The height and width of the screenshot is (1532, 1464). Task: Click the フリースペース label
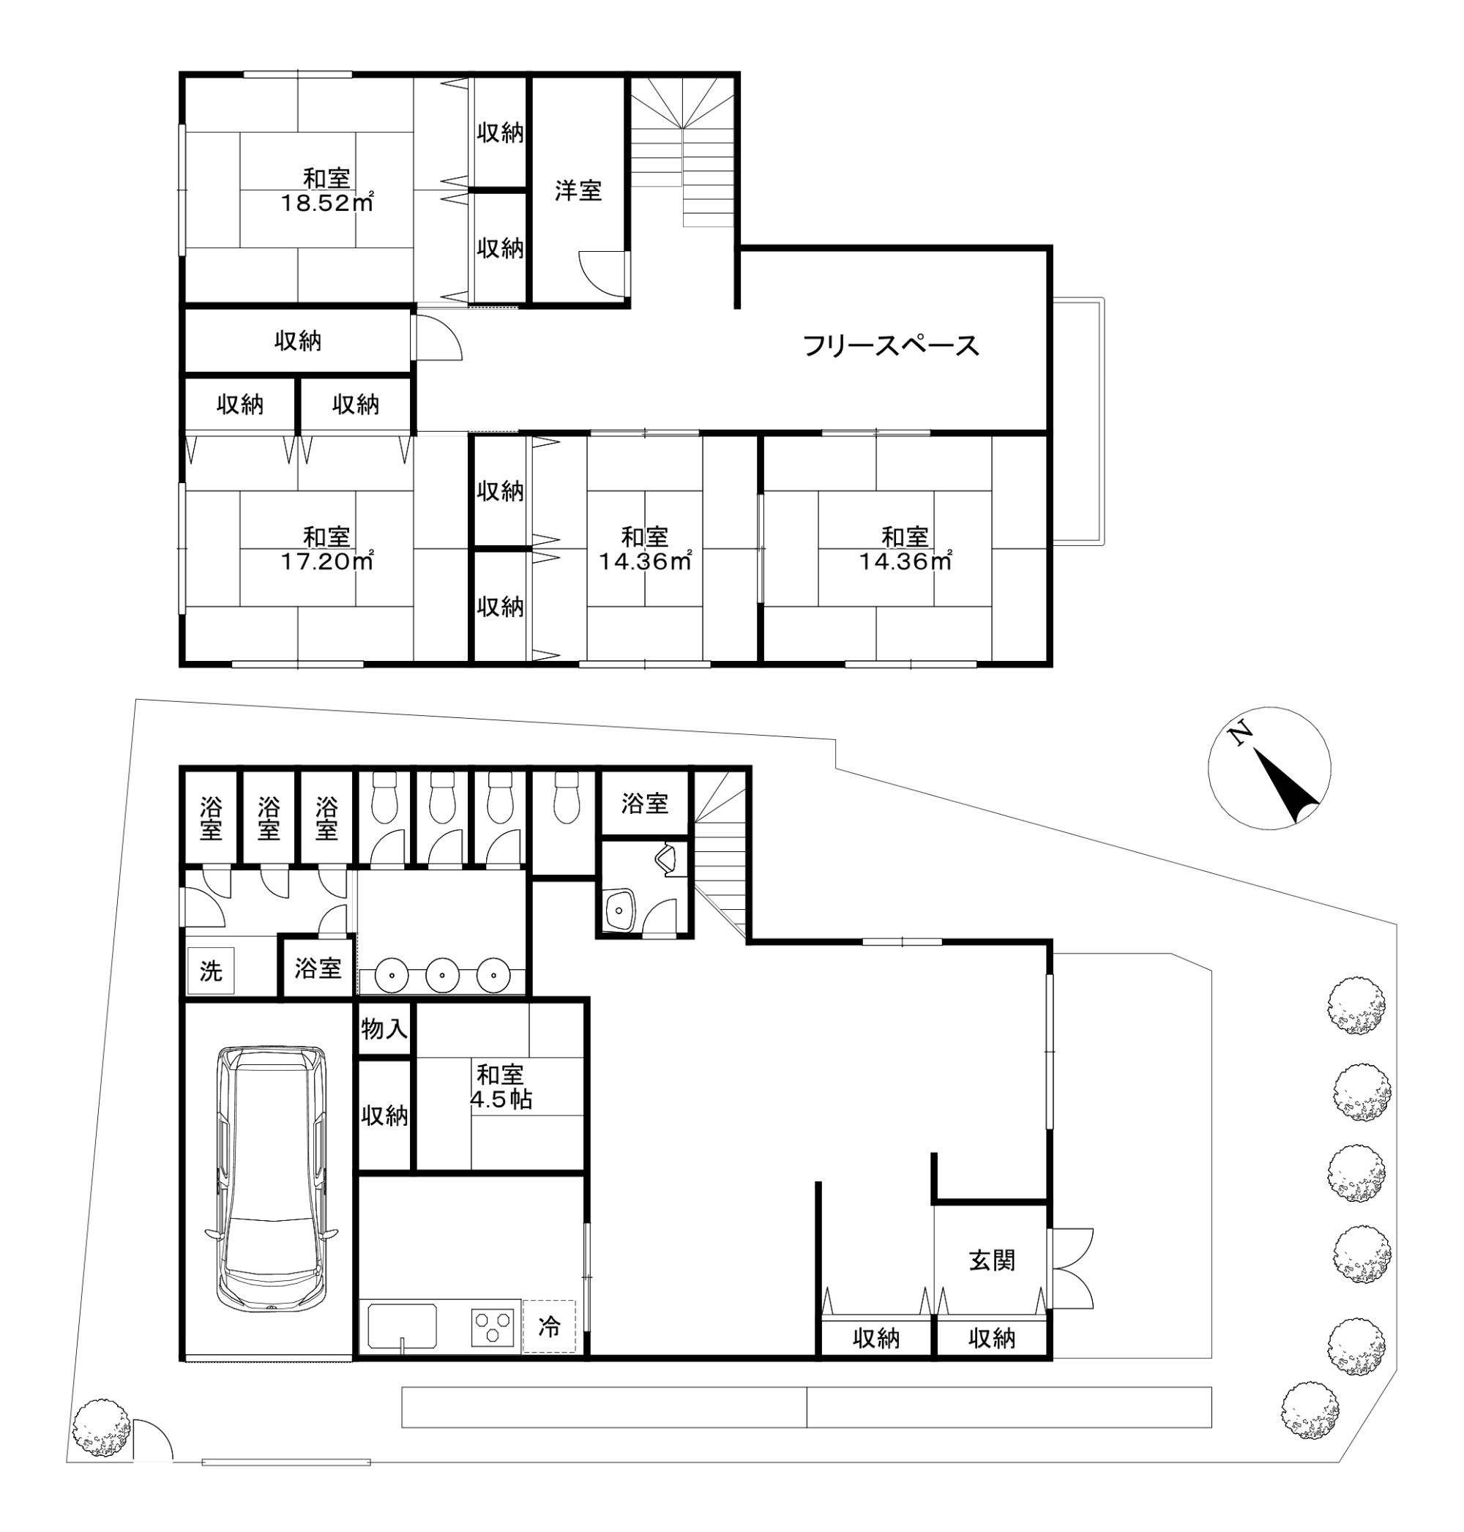point(890,345)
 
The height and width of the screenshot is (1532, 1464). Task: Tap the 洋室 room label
point(578,190)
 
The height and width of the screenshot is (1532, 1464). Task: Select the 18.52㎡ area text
point(327,203)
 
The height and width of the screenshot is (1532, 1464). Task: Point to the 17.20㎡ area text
point(327,561)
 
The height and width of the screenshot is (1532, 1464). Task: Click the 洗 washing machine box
point(211,971)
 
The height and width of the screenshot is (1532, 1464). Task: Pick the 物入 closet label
point(384,1028)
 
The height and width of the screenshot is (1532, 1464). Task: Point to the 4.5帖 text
point(501,1099)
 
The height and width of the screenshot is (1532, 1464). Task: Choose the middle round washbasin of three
point(441,975)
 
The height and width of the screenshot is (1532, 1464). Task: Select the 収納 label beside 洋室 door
point(500,248)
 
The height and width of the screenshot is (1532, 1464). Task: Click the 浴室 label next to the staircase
point(645,804)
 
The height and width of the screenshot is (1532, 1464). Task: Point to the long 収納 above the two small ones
point(297,341)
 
